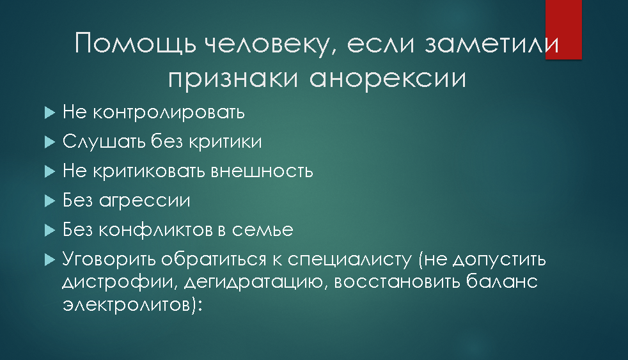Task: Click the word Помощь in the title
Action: pyautogui.click(x=136, y=43)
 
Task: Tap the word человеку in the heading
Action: pyautogui.click(x=271, y=45)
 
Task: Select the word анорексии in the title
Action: pyautogui.click(x=388, y=79)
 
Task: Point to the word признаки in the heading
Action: pyautogui.click(x=233, y=79)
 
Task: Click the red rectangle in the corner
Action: pyautogui.click(x=563, y=29)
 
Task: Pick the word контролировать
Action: pyautogui.click(x=169, y=113)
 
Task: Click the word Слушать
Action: pyautogui.click(x=104, y=141)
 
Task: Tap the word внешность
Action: pyautogui.click(x=262, y=171)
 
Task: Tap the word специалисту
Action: pyautogui.click(x=350, y=260)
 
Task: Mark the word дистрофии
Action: pyautogui.click(x=120, y=282)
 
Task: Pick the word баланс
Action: pyautogui.click(x=502, y=281)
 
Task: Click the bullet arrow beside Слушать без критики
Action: pyautogui.click(x=50, y=142)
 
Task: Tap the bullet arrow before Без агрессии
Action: pyautogui.click(x=50, y=201)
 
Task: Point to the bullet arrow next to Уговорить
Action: pyautogui.click(x=50, y=260)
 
